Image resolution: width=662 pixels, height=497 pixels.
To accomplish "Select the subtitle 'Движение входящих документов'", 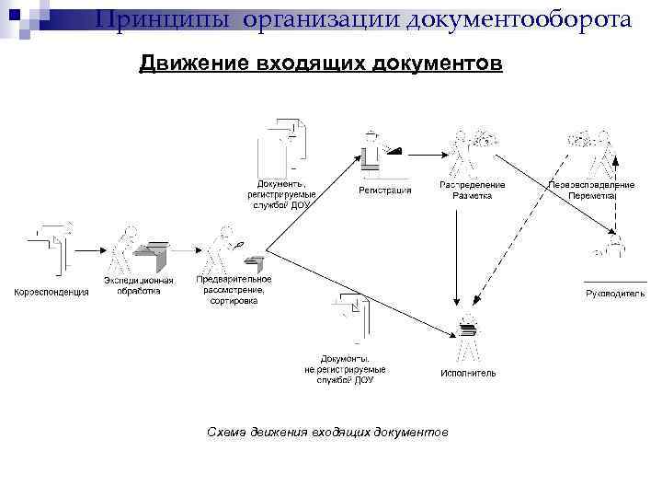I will (321, 64).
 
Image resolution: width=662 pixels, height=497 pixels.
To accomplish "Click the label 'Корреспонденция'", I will (51, 292).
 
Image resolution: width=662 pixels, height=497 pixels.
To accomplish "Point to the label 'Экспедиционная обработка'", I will (138, 285).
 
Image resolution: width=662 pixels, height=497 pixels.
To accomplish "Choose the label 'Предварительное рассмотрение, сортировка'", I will (234, 289).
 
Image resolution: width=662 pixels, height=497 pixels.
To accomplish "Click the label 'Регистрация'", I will (384, 191).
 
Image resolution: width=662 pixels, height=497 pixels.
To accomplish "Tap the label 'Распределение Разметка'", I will (472, 190).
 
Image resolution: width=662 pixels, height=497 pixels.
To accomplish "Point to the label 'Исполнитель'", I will (468, 373).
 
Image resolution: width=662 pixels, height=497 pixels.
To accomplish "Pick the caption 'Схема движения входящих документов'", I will (327, 432).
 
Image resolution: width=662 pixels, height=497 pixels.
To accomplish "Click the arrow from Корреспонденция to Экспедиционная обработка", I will (89, 248).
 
